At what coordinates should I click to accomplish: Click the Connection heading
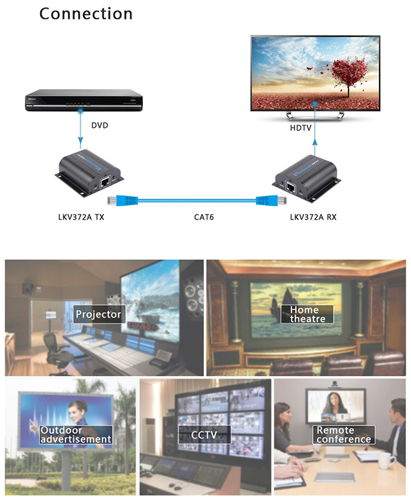click(86, 14)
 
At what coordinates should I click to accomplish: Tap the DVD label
click(99, 125)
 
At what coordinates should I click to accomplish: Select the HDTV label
click(300, 128)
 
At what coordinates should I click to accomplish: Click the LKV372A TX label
click(81, 217)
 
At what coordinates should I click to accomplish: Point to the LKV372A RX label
click(313, 217)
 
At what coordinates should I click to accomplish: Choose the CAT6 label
click(204, 217)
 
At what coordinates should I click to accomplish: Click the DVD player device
click(84, 100)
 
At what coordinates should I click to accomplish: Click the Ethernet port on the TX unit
click(105, 182)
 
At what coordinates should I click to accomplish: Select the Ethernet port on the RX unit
click(290, 187)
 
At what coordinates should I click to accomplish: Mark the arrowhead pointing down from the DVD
click(81, 140)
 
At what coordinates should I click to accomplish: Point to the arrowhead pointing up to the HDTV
click(315, 142)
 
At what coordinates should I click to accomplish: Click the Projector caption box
click(99, 314)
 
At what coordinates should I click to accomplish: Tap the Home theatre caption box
click(307, 314)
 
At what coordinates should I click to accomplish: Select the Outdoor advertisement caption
click(76, 435)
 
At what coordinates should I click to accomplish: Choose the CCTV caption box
click(205, 435)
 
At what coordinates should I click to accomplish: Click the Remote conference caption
click(344, 435)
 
